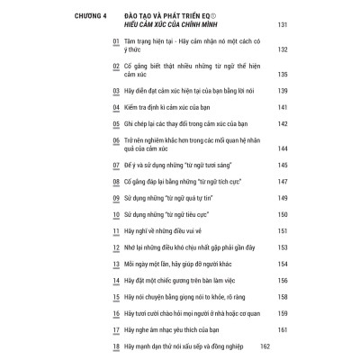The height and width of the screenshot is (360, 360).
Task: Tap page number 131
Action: pos(256,25)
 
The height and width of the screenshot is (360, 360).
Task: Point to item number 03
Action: pos(114,93)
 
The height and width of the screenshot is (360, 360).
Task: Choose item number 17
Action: pos(114,329)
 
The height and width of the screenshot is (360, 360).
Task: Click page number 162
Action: pos(265,346)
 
